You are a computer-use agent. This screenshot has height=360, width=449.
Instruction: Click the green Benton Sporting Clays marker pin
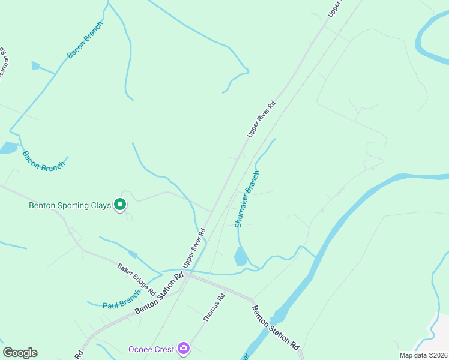coord(120,205)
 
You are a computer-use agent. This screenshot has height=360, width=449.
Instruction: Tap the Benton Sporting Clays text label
coord(70,205)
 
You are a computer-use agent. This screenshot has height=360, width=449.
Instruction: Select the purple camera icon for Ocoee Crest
coord(184,348)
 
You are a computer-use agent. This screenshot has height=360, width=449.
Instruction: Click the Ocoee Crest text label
coord(151,349)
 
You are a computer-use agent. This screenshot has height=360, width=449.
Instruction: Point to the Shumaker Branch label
coord(247,199)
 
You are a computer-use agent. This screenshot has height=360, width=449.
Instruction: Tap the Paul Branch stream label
coord(121,300)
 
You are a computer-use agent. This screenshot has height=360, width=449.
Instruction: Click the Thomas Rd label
coord(214,307)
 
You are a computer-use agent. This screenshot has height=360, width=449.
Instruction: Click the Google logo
coord(20,352)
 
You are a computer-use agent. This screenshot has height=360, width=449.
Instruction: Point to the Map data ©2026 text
coord(423,355)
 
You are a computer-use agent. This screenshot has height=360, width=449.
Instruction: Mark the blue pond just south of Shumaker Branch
coord(240,257)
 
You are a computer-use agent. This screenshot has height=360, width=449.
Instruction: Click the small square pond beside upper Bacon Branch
coord(35,65)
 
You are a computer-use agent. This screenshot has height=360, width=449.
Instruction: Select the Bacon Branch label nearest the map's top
coord(85,40)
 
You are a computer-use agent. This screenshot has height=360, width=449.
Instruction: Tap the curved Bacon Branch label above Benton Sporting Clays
coord(43,162)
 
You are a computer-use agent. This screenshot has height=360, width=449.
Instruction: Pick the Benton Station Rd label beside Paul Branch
coord(159,293)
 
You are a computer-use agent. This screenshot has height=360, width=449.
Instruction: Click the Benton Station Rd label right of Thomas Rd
coord(275,328)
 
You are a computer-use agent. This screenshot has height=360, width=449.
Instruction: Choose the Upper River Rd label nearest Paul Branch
coord(194,247)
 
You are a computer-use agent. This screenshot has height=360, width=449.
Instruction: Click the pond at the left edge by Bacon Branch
coord(8,148)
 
